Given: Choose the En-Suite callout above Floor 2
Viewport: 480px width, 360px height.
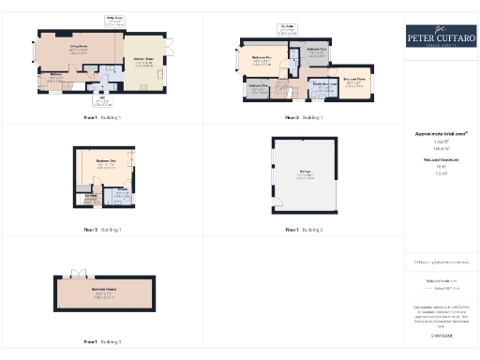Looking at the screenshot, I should click(x=284, y=29).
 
